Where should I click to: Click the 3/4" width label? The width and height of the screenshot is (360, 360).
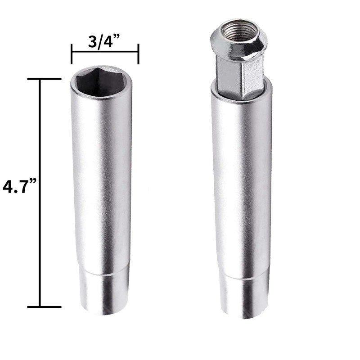(x=104, y=41)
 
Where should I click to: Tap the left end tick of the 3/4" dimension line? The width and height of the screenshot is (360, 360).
(x=72, y=54)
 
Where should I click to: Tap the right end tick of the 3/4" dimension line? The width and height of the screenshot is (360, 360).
(x=138, y=54)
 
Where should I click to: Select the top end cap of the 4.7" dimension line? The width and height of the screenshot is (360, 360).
(x=44, y=79)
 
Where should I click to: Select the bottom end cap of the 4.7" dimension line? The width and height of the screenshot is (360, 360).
(x=44, y=307)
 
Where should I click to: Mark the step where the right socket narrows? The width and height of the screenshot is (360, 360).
(x=243, y=275)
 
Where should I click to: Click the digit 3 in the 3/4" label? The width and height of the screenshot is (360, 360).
(x=92, y=41)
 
